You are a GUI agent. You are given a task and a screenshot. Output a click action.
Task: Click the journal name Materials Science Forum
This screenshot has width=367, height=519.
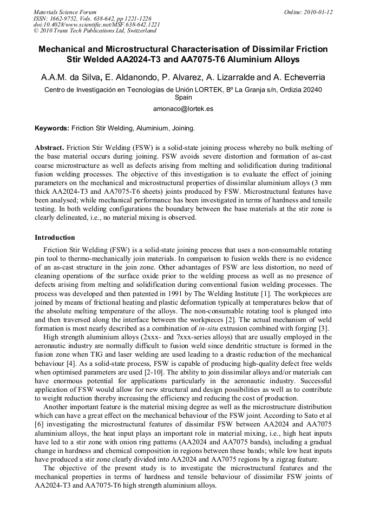[65, 11]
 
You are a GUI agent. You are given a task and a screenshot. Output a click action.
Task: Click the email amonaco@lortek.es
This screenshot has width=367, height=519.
[183, 109]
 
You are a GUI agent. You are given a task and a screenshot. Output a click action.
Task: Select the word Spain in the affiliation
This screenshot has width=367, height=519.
[183, 98]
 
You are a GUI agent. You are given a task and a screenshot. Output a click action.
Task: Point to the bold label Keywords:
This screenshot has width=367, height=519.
[52, 129]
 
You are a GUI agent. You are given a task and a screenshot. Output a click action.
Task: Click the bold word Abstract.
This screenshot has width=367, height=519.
[50, 148]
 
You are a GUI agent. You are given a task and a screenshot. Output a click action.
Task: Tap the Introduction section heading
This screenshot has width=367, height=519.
[55, 238]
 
